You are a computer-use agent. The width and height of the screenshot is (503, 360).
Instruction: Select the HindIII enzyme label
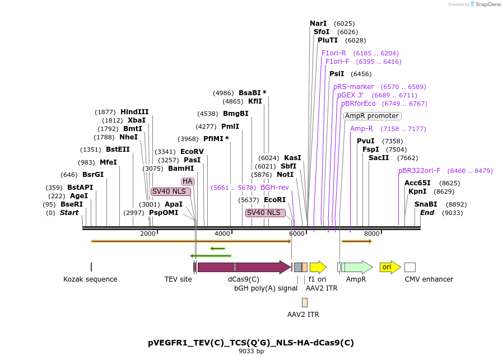click(134, 112)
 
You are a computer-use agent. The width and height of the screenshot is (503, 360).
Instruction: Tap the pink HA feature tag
click(187, 181)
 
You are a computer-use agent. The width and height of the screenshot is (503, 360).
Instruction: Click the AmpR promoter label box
click(372, 116)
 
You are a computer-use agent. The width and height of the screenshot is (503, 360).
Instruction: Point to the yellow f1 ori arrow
click(318, 267)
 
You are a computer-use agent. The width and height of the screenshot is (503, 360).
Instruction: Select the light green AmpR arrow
click(357, 267)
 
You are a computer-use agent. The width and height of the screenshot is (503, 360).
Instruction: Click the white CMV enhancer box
click(410, 267)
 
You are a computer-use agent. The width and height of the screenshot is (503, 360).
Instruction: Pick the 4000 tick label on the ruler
click(222, 233)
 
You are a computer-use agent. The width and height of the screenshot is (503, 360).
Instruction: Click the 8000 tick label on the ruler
click(371, 233)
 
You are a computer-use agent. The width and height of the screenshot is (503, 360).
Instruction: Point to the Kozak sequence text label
click(90, 279)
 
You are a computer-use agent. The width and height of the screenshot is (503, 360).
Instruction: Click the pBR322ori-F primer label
click(419, 171)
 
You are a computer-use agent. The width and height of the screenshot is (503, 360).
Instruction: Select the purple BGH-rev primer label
click(274, 188)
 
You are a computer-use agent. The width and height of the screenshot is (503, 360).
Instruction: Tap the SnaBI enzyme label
click(426, 204)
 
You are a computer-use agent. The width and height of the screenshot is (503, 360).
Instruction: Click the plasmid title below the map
click(251, 343)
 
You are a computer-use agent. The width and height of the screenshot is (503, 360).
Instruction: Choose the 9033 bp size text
click(251, 352)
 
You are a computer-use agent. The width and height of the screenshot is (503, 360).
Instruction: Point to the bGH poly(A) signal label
click(266, 288)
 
